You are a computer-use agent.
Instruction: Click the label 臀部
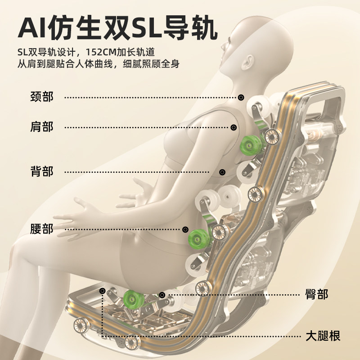click(x=316, y=295)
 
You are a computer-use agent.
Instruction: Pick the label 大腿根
click(x=322, y=336)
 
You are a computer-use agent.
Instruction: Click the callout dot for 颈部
click(x=241, y=97)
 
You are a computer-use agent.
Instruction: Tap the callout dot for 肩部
click(x=234, y=127)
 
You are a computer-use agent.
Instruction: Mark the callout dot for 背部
click(x=222, y=171)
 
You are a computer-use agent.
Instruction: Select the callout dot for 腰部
click(x=185, y=229)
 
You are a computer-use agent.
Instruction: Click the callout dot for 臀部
click(x=162, y=295)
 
